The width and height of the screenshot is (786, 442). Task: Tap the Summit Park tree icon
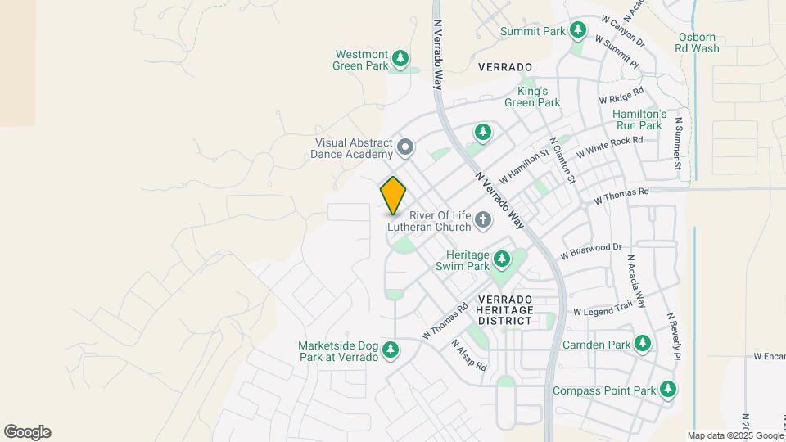click(x=578, y=31)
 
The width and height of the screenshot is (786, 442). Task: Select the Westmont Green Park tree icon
click(x=400, y=58)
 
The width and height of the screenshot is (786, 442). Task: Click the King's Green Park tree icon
click(x=483, y=131)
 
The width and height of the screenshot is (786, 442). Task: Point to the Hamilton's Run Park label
click(x=641, y=120)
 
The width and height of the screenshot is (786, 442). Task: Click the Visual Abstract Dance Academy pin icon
click(x=405, y=148)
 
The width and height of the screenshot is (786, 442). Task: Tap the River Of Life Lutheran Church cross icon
click(x=483, y=219)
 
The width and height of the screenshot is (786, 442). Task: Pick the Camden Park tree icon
click(x=643, y=345)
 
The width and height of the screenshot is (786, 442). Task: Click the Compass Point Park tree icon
click(x=669, y=390)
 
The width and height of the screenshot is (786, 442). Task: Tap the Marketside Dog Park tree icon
click(x=391, y=350)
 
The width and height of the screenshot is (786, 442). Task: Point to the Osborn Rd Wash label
click(x=698, y=43)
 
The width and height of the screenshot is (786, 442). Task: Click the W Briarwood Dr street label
click(x=591, y=250)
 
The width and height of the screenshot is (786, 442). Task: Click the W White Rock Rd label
click(x=609, y=147)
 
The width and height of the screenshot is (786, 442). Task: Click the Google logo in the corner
click(x=27, y=431)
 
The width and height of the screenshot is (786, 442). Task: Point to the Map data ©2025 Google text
click(x=734, y=435)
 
